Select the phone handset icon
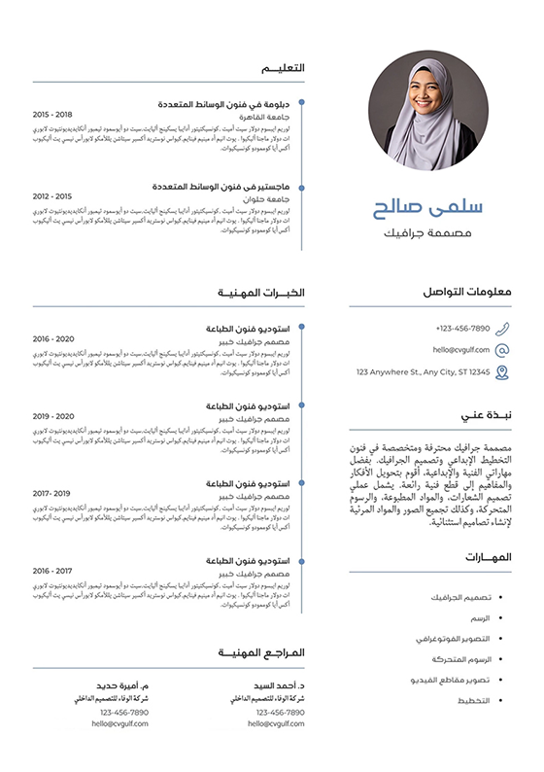tap(501, 329)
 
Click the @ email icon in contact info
tap(501, 350)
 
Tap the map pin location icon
tap(501, 371)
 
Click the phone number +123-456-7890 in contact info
tap(463, 329)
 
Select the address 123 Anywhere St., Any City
tap(424, 371)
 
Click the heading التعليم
tap(285, 68)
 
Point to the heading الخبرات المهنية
tap(261, 293)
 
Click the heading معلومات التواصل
tap(468, 292)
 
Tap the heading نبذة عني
tap(486, 416)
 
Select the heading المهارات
tap(489, 557)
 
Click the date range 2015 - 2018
tap(52, 114)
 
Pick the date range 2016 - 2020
tap(53, 338)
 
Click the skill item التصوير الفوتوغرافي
tap(459, 639)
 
